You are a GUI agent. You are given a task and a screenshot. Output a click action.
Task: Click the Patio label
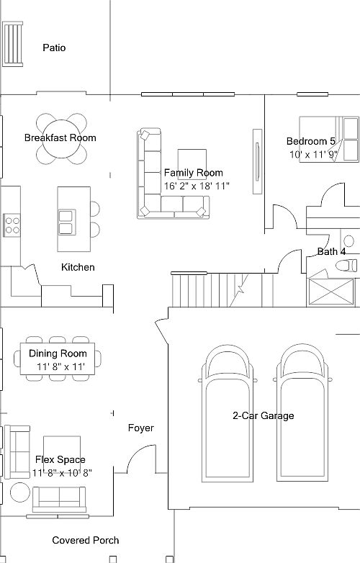point(54,48)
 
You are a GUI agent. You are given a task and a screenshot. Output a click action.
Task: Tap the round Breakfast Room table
point(61,139)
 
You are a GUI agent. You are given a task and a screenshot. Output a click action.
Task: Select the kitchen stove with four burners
point(12,225)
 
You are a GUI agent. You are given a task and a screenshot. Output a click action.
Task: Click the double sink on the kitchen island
point(67,222)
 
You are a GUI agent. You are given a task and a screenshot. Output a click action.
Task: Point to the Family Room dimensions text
point(197,186)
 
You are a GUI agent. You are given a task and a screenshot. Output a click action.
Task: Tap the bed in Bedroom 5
point(329,139)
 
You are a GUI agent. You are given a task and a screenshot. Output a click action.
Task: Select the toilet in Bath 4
point(347,266)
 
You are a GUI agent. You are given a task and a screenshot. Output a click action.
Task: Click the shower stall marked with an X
point(331,292)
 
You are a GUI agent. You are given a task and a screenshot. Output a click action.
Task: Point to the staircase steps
point(222,290)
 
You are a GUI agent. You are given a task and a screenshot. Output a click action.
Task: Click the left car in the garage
point(228,414)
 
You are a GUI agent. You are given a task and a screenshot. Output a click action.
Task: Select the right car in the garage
point(302,413)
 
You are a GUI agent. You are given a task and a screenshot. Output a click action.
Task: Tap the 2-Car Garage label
point(264,416)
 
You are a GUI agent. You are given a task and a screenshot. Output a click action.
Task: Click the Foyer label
point(141,428)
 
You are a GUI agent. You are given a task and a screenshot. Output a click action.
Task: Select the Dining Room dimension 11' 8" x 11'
point(60,367)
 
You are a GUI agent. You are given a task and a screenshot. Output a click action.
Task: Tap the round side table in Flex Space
point(20,492)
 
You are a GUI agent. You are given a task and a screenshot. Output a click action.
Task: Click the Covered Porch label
point(86,541)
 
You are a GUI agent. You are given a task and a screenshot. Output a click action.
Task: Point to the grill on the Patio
point(13,44)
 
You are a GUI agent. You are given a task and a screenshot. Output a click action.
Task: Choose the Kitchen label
point(78,267)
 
